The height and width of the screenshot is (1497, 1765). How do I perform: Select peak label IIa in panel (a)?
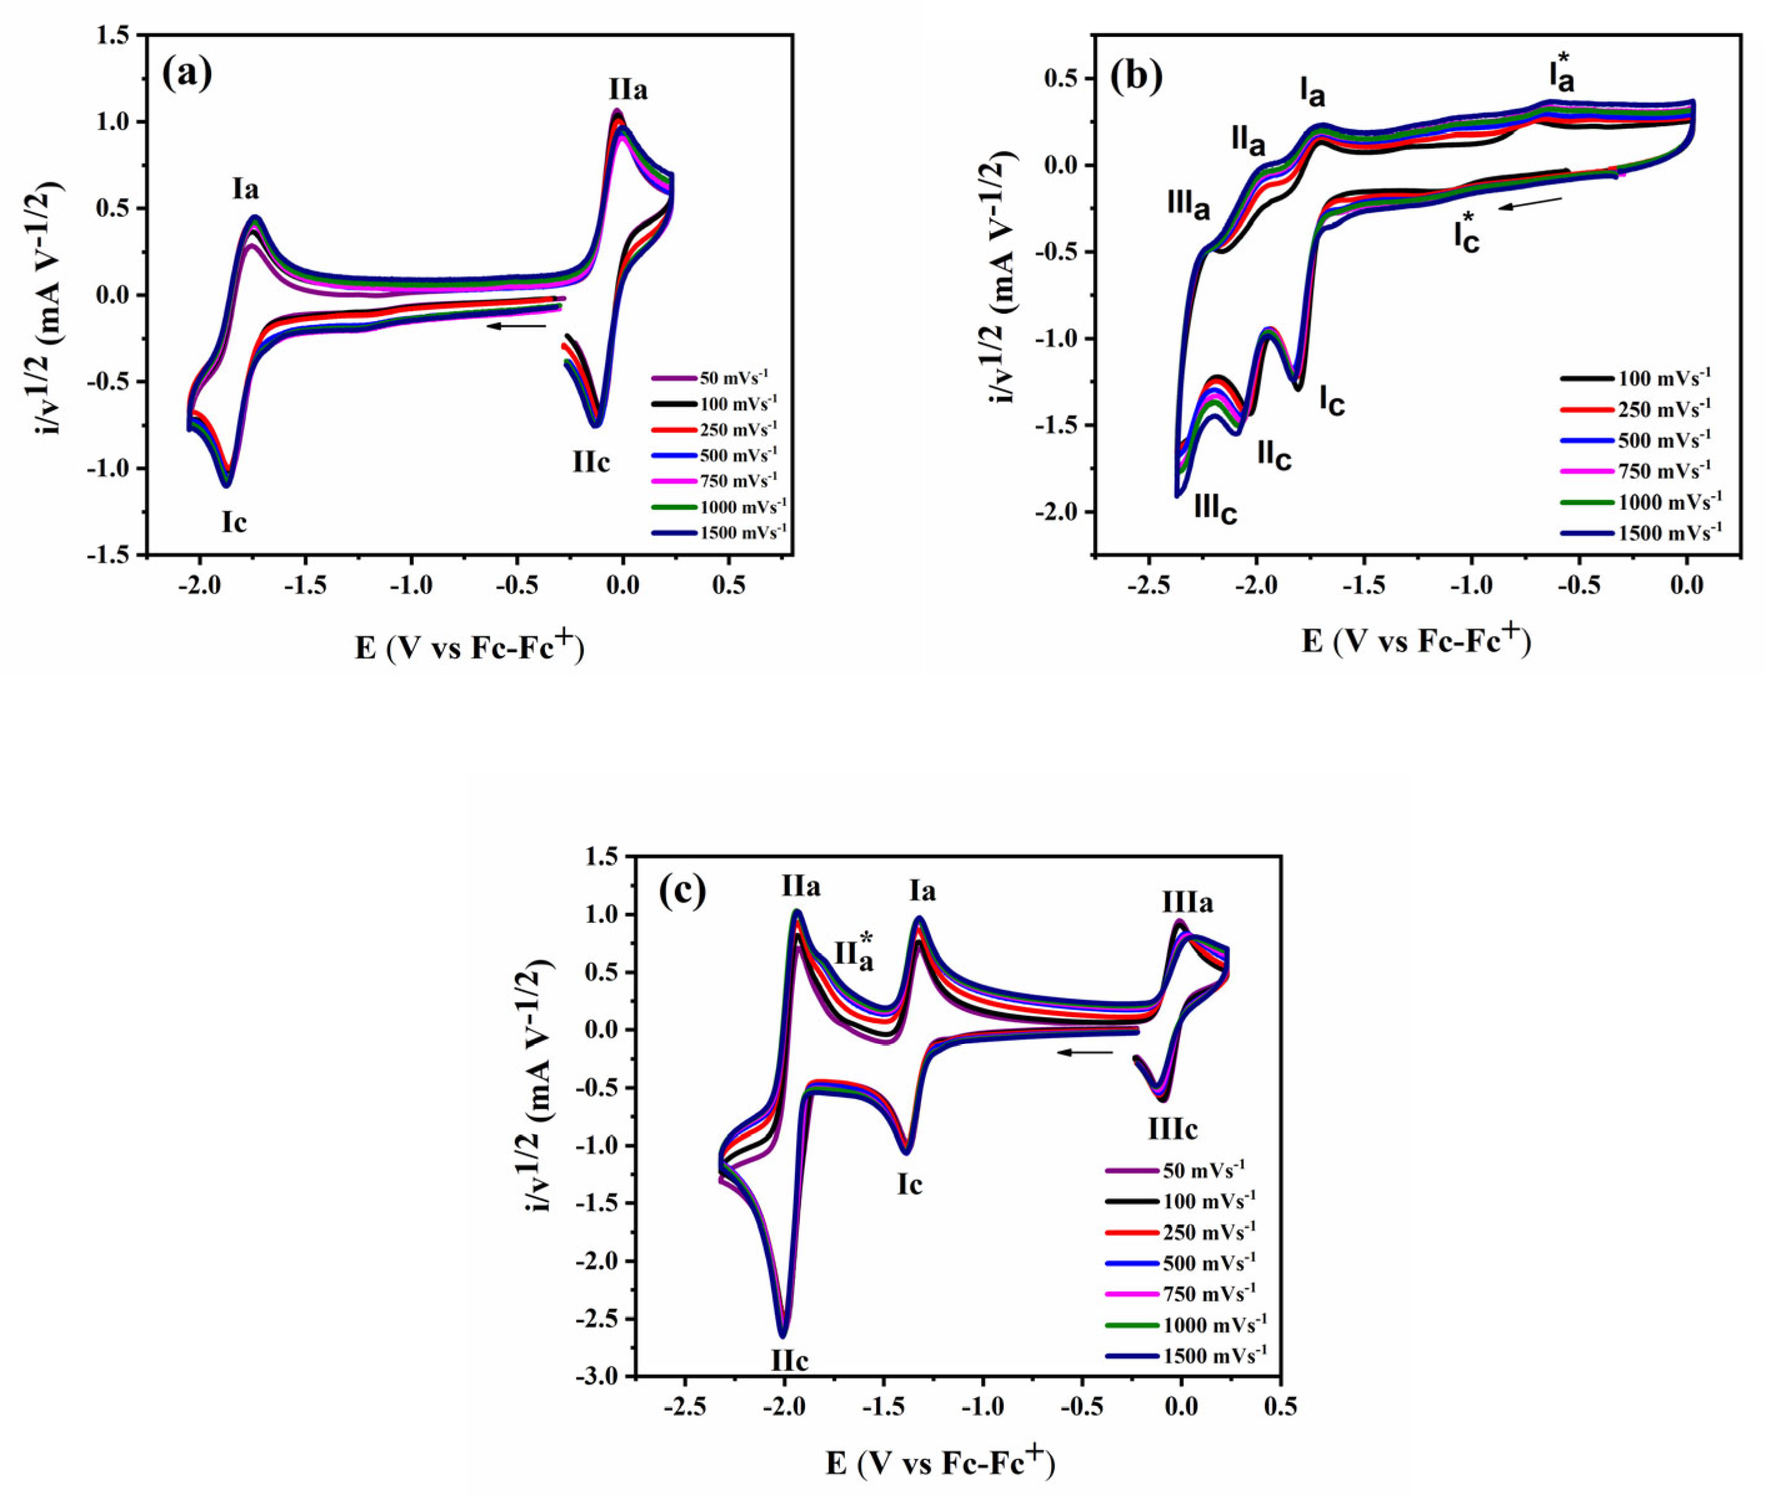pos(627,90)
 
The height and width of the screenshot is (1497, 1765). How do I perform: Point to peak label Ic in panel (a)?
pos(234,523)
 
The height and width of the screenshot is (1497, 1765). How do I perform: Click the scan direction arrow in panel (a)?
pos(516,325)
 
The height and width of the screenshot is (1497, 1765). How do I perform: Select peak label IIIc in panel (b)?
pos(1215,509)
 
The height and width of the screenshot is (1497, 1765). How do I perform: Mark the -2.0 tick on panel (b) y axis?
pos(1061,512)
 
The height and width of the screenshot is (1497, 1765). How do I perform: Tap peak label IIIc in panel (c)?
pos(1172,1130)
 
